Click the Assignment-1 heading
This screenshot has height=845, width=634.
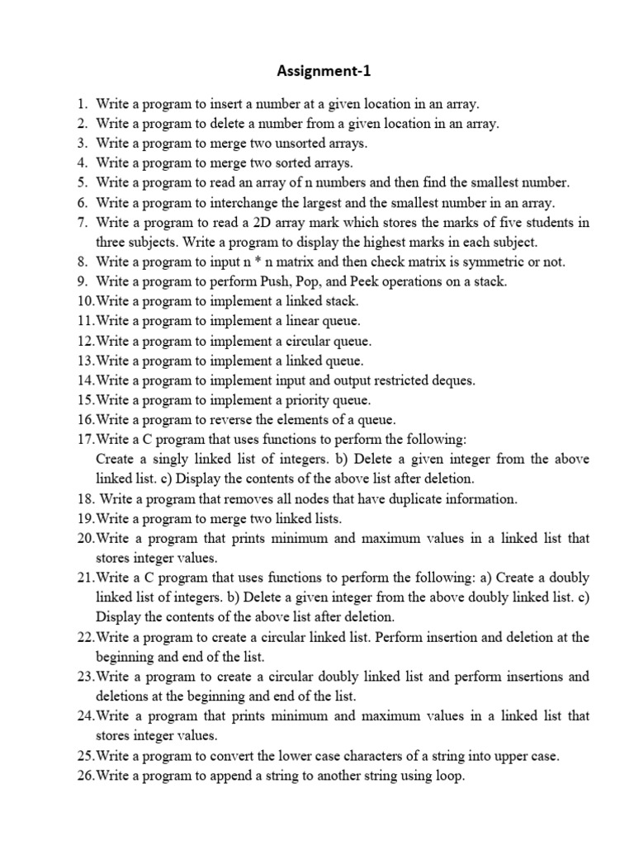(324, 71)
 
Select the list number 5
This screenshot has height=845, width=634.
(81, 183)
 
